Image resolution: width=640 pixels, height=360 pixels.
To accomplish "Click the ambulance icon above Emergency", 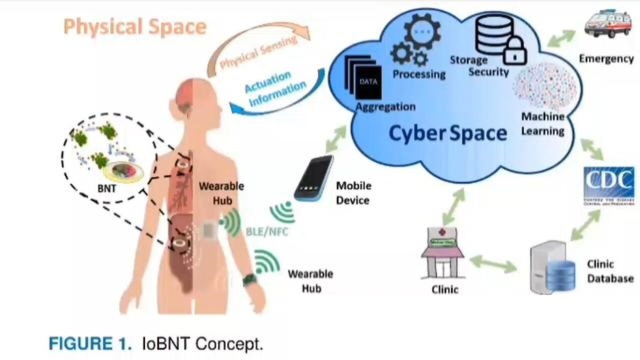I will pos(607,22).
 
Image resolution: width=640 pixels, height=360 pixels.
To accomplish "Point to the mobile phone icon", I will pos(314,178).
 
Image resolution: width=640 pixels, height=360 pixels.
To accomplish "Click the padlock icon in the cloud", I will pos(515,51).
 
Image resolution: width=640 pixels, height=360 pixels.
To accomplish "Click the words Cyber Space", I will pos(447,133).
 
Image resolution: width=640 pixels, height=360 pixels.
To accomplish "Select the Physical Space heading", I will pos(134,26).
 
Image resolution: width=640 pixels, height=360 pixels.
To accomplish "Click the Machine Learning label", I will pos(543,124).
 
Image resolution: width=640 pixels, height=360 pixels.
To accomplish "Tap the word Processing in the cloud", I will pos(418,74).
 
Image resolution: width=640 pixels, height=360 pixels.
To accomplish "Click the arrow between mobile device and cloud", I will pos(335,138).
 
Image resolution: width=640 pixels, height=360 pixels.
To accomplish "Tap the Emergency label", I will pos(606,58).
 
